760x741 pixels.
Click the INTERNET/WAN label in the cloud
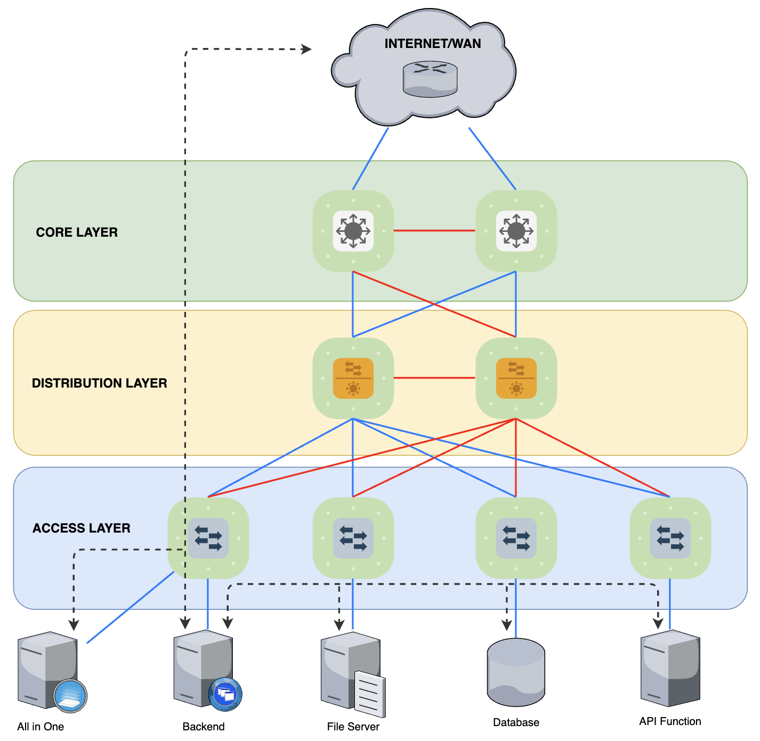[432, 44]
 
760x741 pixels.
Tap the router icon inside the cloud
[430, 79]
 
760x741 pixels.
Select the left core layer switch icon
[353, 231]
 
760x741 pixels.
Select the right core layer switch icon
[516, 231]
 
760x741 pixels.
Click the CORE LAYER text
[77, 232]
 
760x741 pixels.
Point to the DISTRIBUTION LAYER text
[99, 383]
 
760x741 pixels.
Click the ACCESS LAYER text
[81, 528]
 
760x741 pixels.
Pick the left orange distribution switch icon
[353, 378]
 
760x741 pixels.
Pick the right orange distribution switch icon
[516, 378]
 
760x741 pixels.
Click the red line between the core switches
[434, 231]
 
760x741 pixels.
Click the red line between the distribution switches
[434, 378]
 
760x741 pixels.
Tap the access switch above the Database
[516, 538]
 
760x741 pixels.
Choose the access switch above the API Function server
[670, 538]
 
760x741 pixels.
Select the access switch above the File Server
[353, 538]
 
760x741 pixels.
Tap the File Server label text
[353, 727]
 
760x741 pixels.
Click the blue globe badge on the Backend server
[225, 694]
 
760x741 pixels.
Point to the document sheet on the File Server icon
[370, 694]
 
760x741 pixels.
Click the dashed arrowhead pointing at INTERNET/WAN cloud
[307, 50]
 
